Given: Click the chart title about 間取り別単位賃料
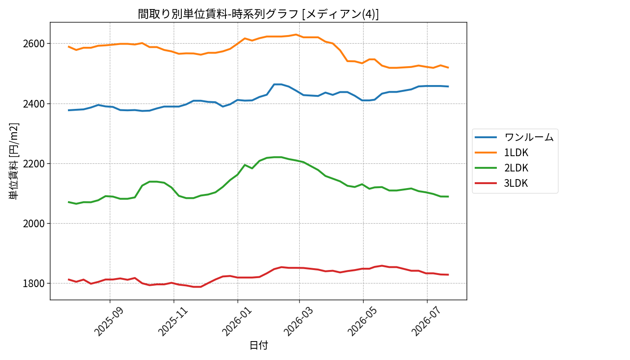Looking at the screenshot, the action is [258, 14].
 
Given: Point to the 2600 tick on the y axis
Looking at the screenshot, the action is [34, 44].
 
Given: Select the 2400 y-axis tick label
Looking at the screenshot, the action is [34, 104].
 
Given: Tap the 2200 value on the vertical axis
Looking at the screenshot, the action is [34, 164].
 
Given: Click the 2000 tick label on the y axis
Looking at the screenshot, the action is [34, 224].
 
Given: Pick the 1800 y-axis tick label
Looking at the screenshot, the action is [34, 283].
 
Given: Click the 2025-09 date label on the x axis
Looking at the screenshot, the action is [108, 322].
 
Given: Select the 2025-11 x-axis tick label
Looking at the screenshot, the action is [173, 322].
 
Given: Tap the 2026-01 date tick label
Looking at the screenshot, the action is [237, 322].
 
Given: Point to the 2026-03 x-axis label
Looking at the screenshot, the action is [298, 322].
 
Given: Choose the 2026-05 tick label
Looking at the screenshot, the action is [362, 322].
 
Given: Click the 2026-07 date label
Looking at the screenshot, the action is [426, 322].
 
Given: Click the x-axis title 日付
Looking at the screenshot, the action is [259, 345].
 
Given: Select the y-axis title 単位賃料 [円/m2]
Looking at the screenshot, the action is [14, 161].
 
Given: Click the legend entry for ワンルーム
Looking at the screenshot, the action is [529, 137].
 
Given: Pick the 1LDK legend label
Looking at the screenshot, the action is [516, 153].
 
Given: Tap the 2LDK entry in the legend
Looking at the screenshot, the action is [516, 168].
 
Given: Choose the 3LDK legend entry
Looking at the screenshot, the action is [516, 183].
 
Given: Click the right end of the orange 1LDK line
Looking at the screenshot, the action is [448, 67].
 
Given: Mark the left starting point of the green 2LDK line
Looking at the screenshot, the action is [68, 202].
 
